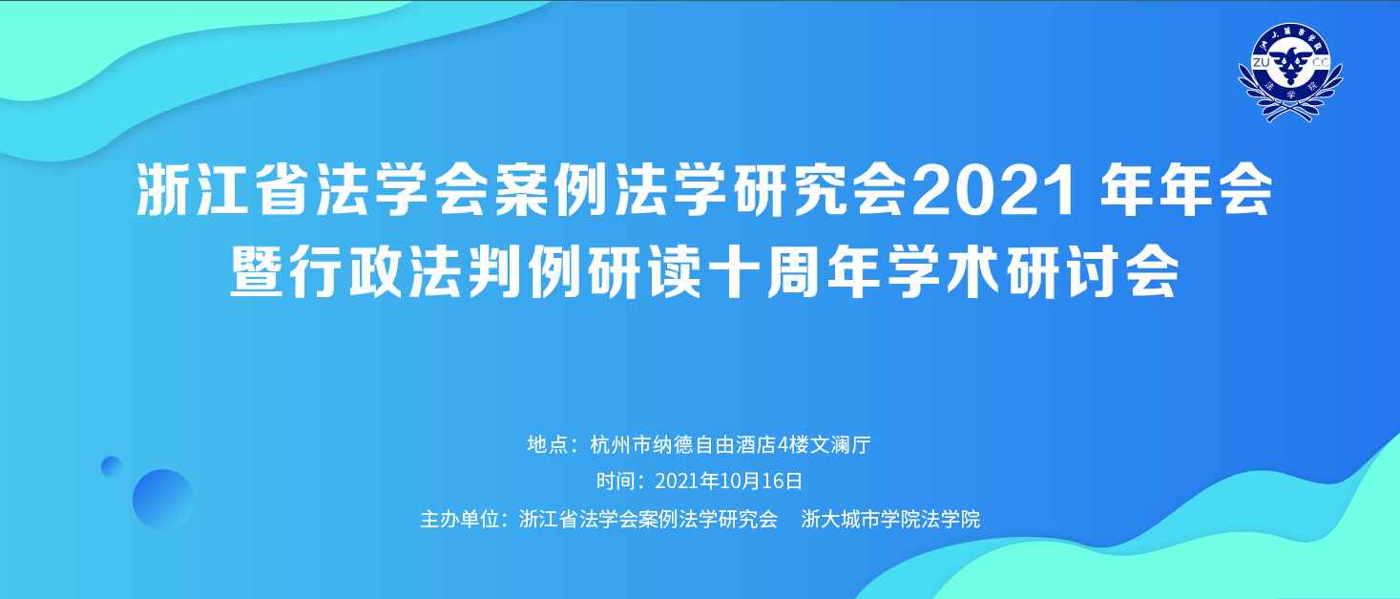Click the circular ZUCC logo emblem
(1290, 72)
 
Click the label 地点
(547, 444)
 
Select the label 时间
(616, 481)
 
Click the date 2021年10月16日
(729, 481)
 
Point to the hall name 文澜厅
(840, 444)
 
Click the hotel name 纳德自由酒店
(714, 444)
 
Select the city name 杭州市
(620, 444)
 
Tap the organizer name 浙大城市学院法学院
(890, 519)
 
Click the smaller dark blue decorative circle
(112, 465)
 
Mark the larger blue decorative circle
(162, 499)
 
